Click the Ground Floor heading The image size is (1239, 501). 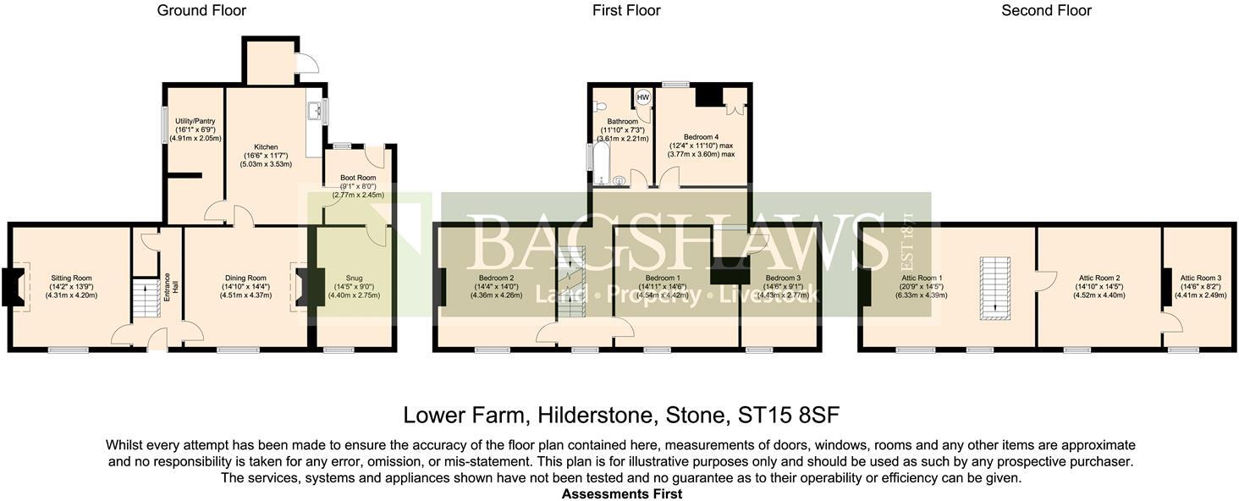[x=201, y=11]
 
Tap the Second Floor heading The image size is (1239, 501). [x=1046, y=11]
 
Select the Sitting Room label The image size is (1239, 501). [x=71, y=278]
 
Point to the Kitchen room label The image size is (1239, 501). [x=267, y=147]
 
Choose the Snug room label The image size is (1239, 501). [x=354, y=278]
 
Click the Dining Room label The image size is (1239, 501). [x=245, y=278]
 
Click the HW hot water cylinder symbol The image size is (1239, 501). [x=642, y=96]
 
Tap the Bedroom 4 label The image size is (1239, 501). [x=702, y=137]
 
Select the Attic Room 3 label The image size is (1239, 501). [x=1200, y=278]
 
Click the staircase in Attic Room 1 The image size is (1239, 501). [x=994, y=289]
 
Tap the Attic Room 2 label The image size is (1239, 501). [x=1099, y=278]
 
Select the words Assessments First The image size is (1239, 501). [x=620, y=493]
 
